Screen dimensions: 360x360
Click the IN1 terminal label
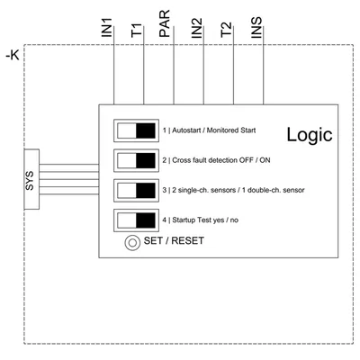107,27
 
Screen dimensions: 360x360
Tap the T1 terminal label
137,31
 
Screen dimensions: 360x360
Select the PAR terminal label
165,23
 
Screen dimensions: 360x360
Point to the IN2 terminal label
197,28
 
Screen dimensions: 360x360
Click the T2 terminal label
226,30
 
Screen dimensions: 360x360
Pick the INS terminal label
256,27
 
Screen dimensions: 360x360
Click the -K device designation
13,56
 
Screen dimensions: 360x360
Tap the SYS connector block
31,179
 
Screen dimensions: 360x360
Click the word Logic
310,135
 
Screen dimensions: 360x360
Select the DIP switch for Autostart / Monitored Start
136,130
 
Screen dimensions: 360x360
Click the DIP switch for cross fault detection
136,160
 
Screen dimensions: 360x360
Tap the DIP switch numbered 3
136,191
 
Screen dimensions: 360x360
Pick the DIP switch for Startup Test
136,220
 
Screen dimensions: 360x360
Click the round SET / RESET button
132,243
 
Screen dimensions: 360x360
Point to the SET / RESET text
174,240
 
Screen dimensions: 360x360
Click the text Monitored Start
231,130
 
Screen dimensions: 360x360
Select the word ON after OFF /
265,160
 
